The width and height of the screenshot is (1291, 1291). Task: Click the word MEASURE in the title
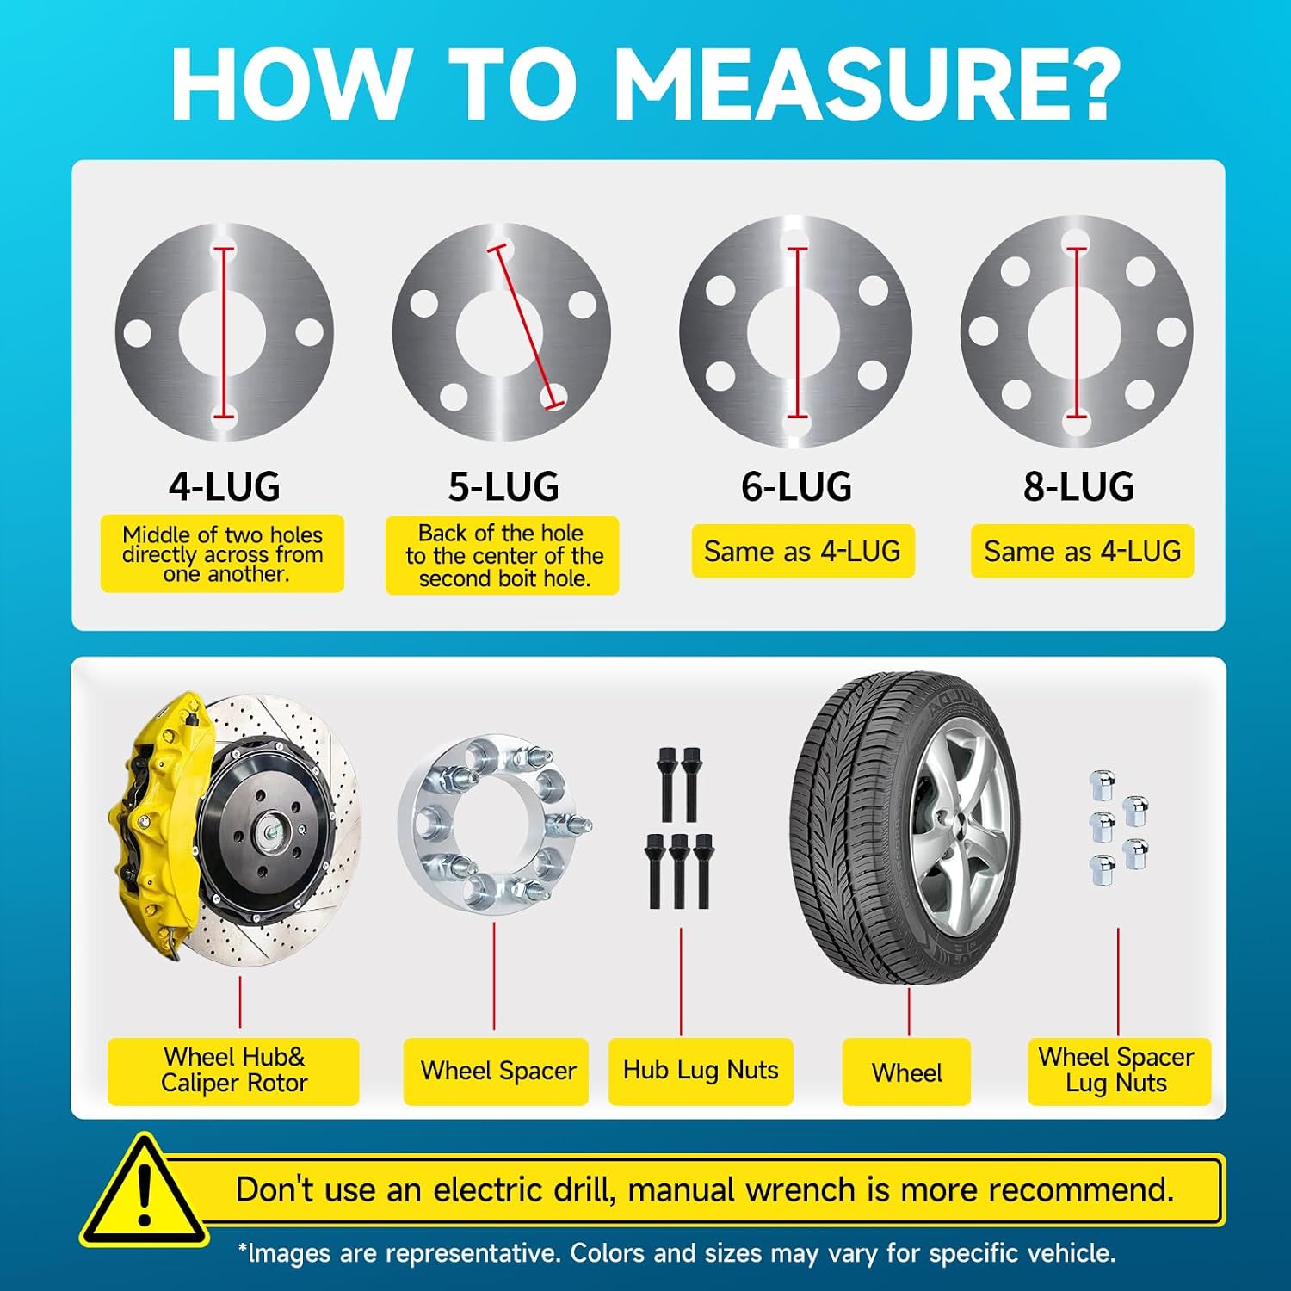pos(866,83)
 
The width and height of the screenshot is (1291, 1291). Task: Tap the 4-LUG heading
pos(225,486)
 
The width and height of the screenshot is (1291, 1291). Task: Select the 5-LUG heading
pos(503,486)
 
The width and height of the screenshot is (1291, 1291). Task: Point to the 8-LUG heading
pos(1078,486)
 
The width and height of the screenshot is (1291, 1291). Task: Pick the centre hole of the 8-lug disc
pos(1076,331)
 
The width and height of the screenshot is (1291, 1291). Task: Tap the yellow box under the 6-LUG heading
pos(803,551)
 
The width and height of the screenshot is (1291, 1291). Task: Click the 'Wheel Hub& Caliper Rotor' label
pos(233,1071)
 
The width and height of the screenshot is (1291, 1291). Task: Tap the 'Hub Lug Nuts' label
pos(701,1071)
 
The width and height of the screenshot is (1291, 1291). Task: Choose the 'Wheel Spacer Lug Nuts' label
pos(1118,1071)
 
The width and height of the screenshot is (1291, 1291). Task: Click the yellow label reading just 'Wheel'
pos(906,1072)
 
